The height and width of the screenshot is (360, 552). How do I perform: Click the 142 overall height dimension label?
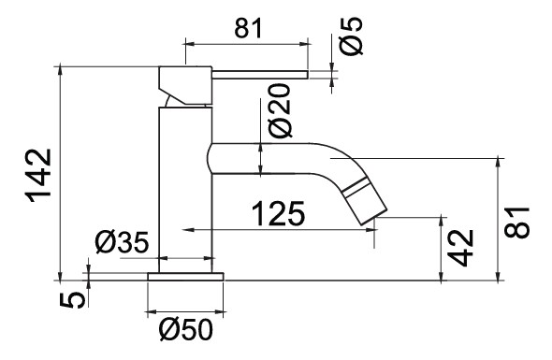(x=39, y=176)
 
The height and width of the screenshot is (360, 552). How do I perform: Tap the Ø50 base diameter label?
(x=186, y=329)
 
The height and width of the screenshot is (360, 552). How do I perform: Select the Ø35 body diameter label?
(x=123, y=242)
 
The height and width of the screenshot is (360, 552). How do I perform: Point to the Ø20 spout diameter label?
(x=280, y=110)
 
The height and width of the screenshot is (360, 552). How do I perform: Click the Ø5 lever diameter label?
(x=351, y=36)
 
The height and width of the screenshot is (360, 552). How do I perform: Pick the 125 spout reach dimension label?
(x=278, y=213)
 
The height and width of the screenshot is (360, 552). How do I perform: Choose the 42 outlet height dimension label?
(x=461, y=248)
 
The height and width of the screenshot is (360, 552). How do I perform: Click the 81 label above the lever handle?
(x=249, y=28)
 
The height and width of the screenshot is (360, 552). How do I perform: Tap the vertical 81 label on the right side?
(x=516, y=223)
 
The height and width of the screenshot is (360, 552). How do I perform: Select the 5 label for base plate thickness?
(x=72, y=300)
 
